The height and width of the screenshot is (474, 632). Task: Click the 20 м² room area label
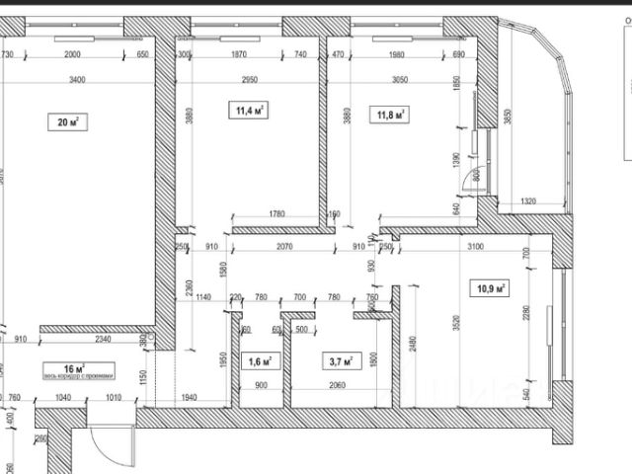pos(67,122)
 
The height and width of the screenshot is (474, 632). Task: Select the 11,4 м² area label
pos(251,110)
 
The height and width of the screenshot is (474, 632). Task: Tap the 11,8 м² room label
pos(391,115)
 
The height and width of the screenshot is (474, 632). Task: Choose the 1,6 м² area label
pos(262,360)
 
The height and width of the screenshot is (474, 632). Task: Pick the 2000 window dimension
pos(70,54)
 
